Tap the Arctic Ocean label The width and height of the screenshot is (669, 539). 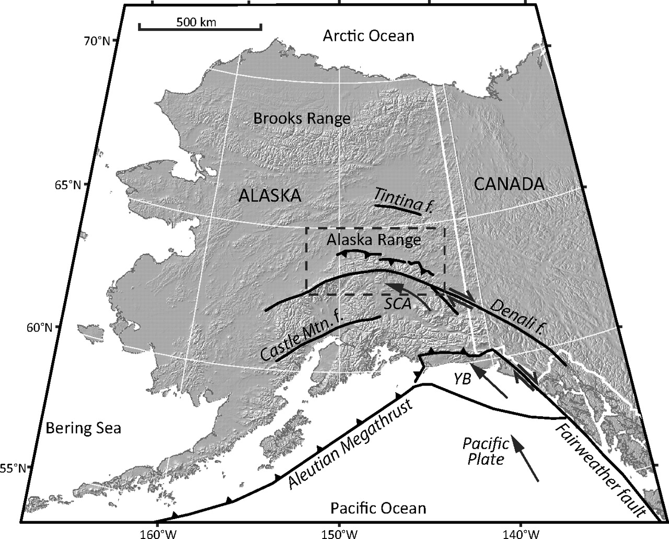tap(368, 36)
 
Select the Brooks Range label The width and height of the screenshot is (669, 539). tap(302, 119)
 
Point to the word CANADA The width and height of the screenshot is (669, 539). tap(509, 184)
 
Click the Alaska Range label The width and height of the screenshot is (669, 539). tap(373, 240)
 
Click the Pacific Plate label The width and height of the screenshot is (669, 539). tap(486, 452)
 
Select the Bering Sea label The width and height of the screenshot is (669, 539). tap(83, 428)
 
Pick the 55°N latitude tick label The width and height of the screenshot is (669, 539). tap(10, 468)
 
